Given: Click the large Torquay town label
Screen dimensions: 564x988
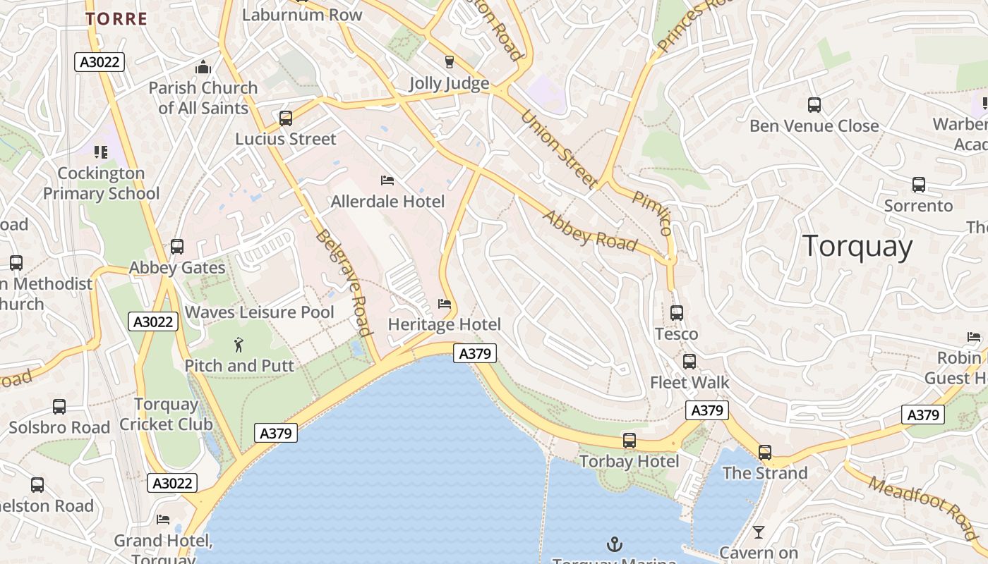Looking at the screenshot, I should point(857,247).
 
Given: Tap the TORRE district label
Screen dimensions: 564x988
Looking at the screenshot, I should point(117,19).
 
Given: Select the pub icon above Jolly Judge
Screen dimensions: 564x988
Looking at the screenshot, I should point(449,62).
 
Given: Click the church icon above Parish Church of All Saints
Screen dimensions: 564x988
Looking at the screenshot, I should point(203,68).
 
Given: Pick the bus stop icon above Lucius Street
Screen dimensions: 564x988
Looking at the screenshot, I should point(286,118).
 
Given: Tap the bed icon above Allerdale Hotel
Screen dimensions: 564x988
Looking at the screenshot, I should point(387,180).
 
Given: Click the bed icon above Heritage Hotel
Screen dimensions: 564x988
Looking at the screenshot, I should point(445,304).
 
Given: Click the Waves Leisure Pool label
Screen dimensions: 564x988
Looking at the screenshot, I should point(259,312).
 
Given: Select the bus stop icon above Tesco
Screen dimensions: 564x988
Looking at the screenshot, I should point(677,313).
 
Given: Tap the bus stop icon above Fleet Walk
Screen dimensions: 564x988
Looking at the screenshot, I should point(689,362).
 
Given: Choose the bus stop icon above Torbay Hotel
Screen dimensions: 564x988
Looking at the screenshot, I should point(629,441).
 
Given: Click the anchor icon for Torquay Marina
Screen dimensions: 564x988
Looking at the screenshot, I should point(615,544).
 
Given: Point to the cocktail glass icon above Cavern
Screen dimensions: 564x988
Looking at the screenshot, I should point(759,532).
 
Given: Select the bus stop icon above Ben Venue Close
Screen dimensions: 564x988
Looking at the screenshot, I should point(814,105).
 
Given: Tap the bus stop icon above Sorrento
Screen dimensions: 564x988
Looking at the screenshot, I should point(919,185).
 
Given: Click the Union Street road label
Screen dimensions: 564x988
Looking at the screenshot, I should point(559,149).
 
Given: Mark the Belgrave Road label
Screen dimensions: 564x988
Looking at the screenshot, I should point(344,283).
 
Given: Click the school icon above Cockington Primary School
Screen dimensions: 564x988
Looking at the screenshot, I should point(101,152).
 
